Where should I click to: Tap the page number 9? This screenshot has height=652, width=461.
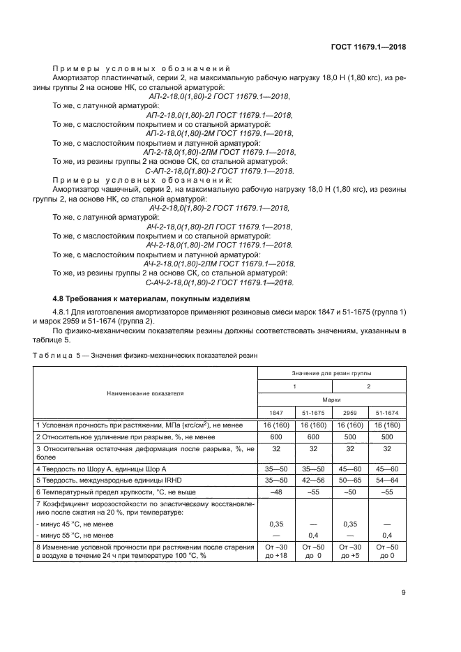click(404, 593)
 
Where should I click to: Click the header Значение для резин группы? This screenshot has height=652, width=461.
click(331, 375)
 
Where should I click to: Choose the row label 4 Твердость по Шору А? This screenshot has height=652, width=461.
click(101, 469)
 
